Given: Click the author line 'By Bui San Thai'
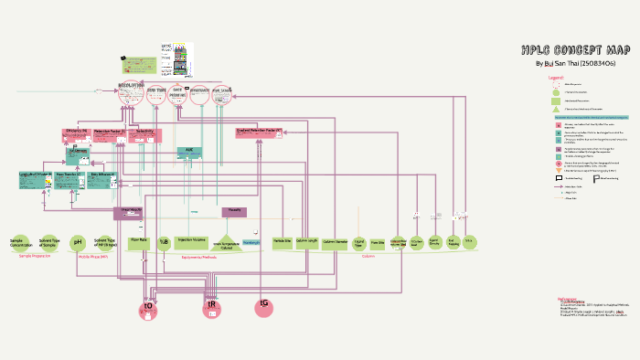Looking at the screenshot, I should [x=574, y=63].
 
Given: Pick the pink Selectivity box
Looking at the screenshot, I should [x=145, y=134].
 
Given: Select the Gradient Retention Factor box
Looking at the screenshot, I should [x=259, y=133].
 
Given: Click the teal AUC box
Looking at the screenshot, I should [x=189, y=152].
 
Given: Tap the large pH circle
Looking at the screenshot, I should [x=78, y=242].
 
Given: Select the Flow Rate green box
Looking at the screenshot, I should [x=139, y=242].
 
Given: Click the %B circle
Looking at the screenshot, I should [x=165, y=242].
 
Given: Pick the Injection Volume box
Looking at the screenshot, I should [x=191, y=242].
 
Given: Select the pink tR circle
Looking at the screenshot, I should [x=212, y=308].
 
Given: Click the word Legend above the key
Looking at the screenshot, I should [x=555, y=79].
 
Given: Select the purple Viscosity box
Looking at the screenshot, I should [x=234, y=212].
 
